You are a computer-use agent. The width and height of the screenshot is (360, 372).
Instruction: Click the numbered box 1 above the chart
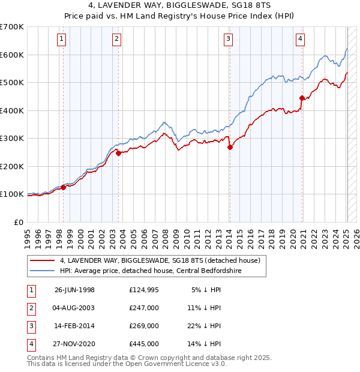tap(62, 40)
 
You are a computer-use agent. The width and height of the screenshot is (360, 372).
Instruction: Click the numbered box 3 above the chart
tap(229, 40)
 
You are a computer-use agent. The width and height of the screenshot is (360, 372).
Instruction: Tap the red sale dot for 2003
tap(119, 153)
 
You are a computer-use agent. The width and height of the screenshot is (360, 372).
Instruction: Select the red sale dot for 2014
tap(230, 147)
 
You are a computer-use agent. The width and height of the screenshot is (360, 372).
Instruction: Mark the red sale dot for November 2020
tap(302, 98)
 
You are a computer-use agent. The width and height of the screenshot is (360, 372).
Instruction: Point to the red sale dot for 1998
tap(63, 187)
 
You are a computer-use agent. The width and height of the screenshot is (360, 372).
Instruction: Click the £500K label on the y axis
tap(12, 82)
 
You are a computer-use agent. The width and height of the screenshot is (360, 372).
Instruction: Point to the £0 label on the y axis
tap(17, 222)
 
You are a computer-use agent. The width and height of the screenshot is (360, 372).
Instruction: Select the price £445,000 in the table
tap(144, 344)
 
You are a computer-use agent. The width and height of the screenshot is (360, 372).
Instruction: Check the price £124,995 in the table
tap(144, 290)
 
